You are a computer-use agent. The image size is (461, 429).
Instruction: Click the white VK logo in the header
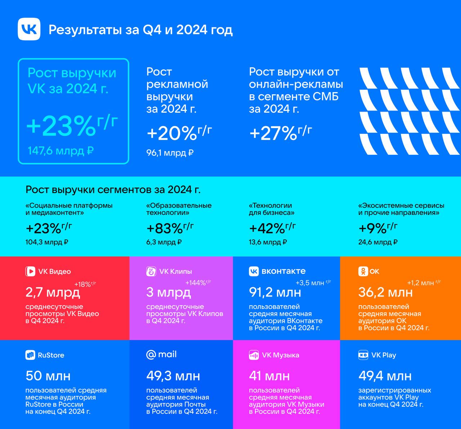pos(29,29)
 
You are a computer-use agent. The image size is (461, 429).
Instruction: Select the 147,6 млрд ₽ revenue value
pos(61,150)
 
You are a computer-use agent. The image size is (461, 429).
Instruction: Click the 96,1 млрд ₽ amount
pos(170,153)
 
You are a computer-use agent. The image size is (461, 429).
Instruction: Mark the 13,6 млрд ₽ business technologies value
pos(268,242)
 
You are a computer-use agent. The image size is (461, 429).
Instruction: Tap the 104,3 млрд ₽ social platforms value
pos(47,242)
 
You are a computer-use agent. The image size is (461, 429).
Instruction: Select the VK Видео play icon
pos(30,271)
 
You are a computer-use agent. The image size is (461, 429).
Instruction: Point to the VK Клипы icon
pos(151,271)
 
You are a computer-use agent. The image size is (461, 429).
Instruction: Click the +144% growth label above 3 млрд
pos(198,283)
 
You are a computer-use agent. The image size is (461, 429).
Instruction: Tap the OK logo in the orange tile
pos(363,271)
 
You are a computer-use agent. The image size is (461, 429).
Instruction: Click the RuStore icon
pos(30,355)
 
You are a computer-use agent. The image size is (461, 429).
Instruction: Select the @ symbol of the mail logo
pos(151,355)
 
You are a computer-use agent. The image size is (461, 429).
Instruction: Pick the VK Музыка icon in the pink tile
pos(254,355)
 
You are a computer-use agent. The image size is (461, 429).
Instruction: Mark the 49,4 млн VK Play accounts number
pos(385,376)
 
